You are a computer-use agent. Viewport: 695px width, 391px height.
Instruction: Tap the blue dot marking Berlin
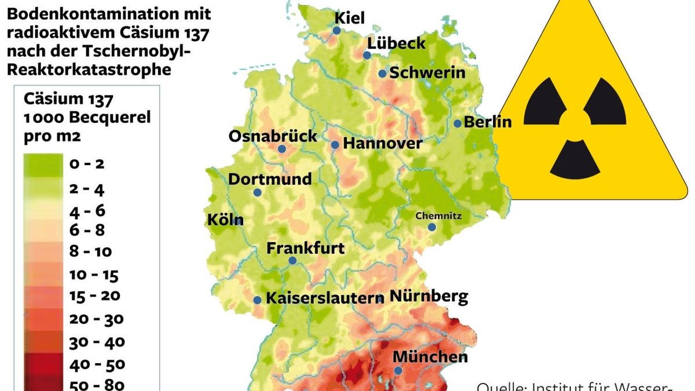click(x=458, y=123)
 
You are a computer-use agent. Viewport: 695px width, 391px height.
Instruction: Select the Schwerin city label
click(x=427, y=73)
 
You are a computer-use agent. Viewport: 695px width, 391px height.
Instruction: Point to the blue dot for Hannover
click(x=335, y=145)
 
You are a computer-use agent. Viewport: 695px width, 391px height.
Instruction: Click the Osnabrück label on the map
click(x=273, y=136)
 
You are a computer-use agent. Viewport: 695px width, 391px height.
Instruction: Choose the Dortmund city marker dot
click(x=257, y=192)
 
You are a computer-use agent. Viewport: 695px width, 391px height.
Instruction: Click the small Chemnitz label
click(x=438, y=215)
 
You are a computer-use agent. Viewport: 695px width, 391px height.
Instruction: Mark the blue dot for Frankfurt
click(x=292, y=261)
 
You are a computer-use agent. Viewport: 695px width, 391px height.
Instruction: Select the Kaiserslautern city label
click(x=324, y=299)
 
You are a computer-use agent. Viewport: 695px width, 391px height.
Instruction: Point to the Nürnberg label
click(x=429, y=297)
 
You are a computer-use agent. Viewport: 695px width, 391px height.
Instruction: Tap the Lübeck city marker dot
click(x=367, y=56)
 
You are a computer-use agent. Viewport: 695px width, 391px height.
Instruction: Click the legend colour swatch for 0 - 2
click(x=43, y=165)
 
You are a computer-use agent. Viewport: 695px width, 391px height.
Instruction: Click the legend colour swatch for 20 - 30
click(x=43, y=319)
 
